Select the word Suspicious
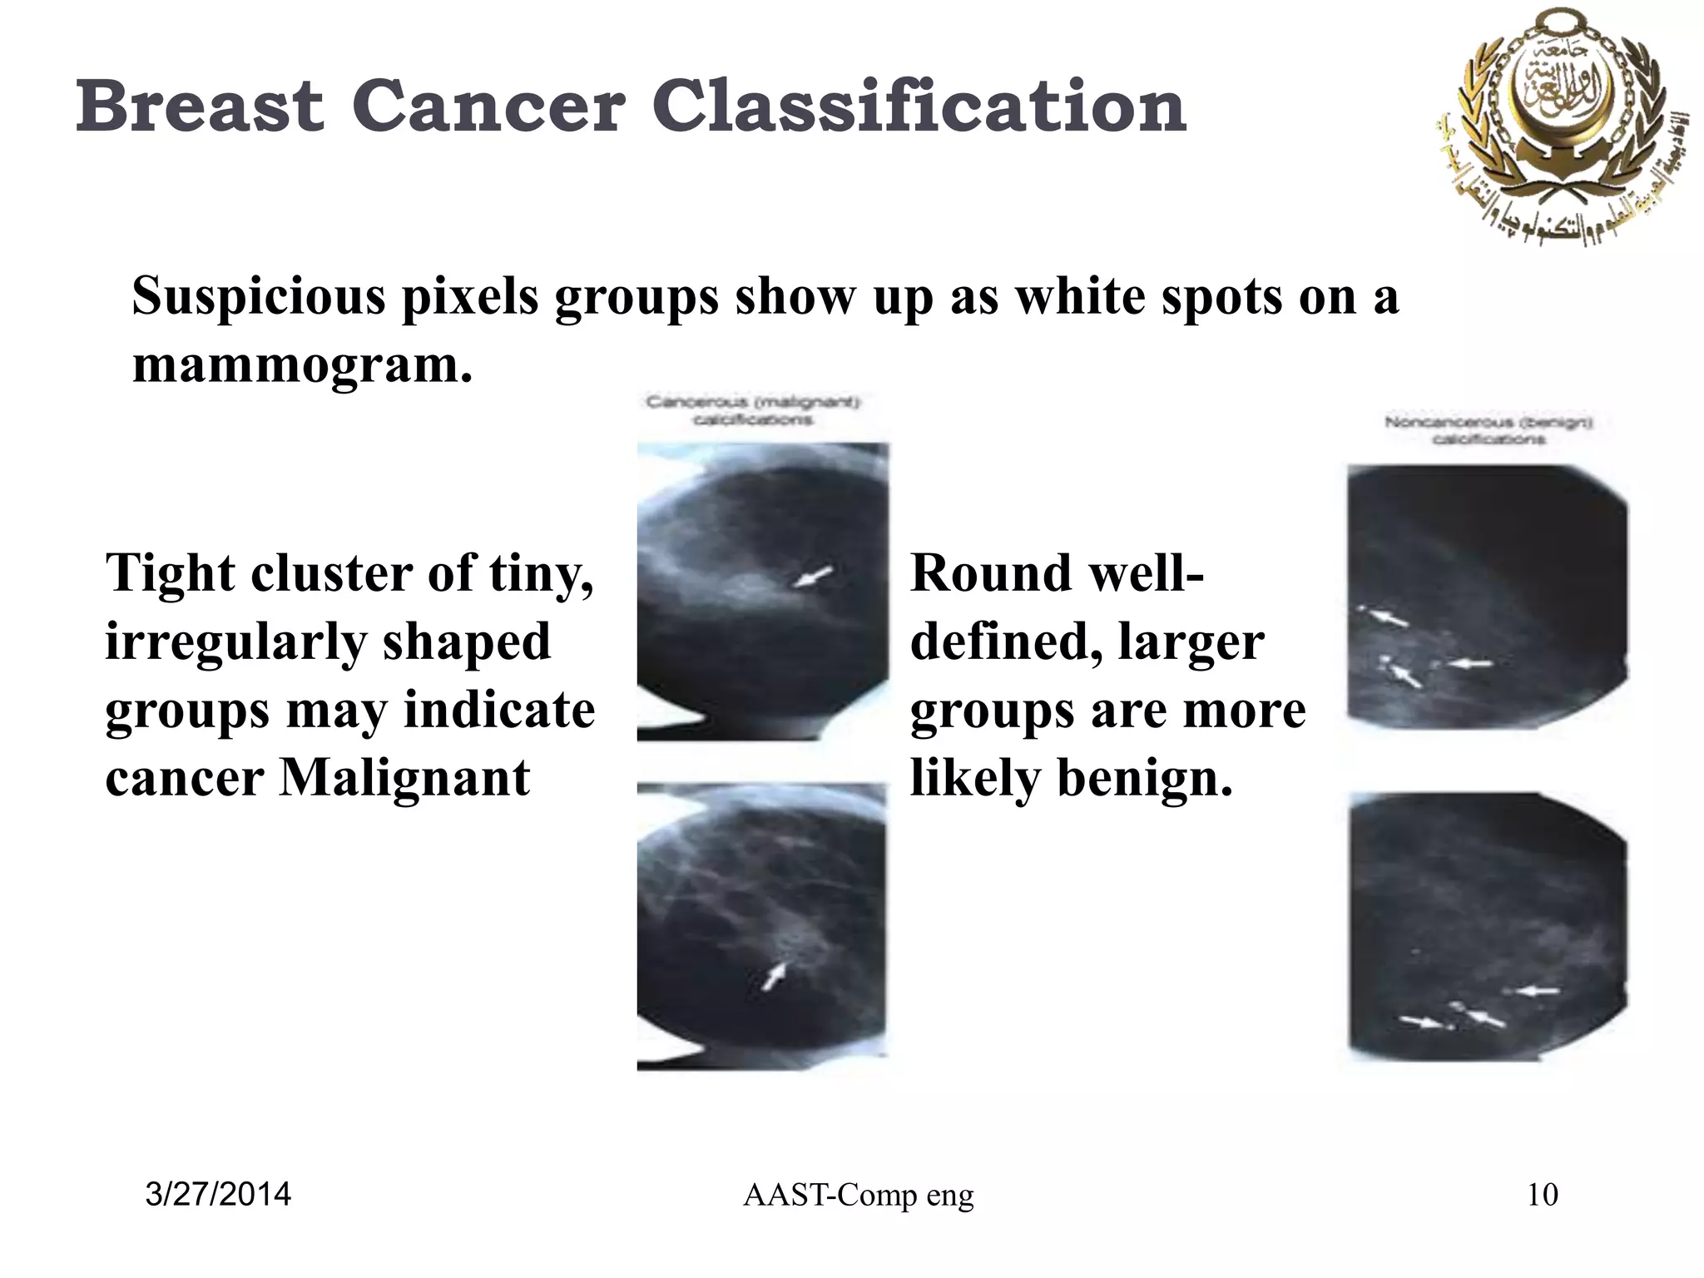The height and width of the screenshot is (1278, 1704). [259, 296]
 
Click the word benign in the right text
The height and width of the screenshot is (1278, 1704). [1135, 779]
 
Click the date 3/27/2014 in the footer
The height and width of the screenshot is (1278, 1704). [218, 1195]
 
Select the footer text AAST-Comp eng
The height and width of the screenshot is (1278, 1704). [858, 1196]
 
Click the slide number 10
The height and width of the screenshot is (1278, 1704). [1543, 1195]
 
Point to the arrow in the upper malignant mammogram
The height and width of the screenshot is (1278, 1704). [812, 577]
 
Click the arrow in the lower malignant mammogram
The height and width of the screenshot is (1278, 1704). [774, 977]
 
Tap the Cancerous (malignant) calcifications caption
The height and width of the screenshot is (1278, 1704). [753, 411]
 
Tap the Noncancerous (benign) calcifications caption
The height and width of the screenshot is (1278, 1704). [1489, 430]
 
